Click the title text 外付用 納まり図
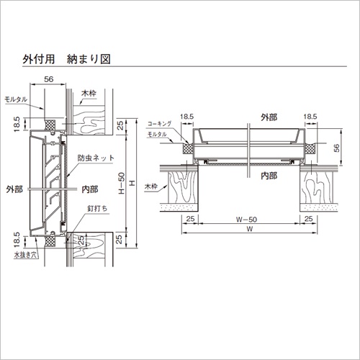pos(66,59)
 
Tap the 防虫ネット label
pos(96,158)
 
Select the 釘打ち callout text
pos(97,209)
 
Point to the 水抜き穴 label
pos(26,255)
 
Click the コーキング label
pos(159,124)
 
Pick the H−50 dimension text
pos(122,183)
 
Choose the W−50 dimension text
pos(246,220)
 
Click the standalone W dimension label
pos(250,229)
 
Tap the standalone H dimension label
pos(132,184)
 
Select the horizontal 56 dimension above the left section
pos(48,79)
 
